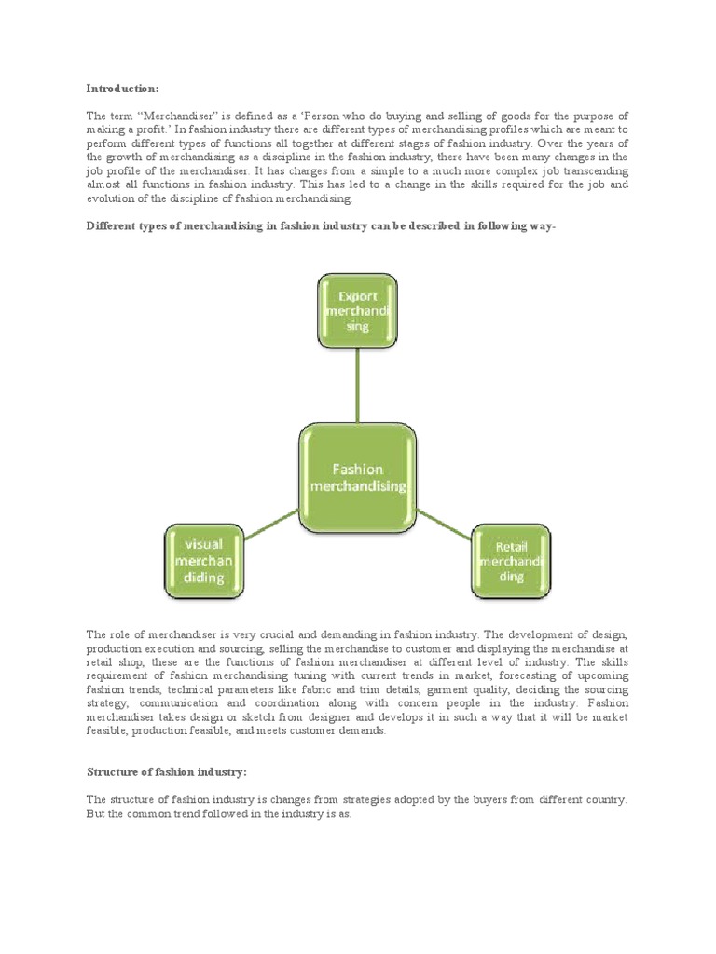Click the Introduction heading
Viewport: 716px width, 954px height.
point(123,89)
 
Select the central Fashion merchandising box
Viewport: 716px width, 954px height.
point(358,478)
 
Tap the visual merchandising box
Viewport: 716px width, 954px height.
point(204,562)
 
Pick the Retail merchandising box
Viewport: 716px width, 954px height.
point(511,562)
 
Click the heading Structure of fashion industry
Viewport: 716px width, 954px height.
point(167,772)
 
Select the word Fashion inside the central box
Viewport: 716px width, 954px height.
point(358,470)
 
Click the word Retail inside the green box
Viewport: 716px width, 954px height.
point(512,547)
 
